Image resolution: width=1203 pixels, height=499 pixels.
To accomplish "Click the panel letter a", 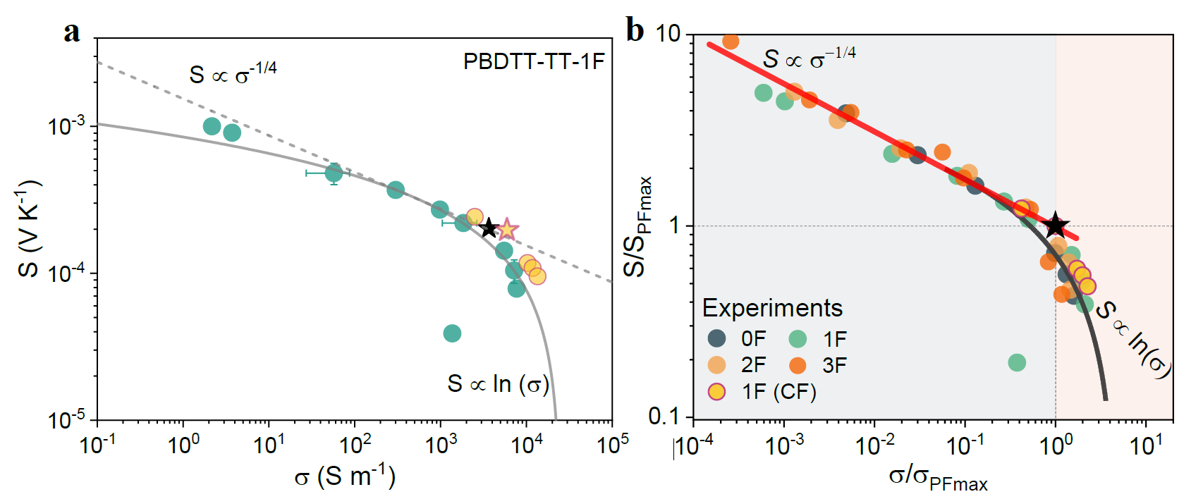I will (x=71, y=32).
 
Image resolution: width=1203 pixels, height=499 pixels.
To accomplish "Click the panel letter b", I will (x=635, y=31).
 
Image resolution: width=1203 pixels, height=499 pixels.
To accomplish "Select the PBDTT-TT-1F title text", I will (x=534, y=62).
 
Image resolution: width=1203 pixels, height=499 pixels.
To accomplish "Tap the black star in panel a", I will (x=489, y=228).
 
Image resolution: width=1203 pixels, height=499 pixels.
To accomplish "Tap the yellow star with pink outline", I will (x=506, y=229).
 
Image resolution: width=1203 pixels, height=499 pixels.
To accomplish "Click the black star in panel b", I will (x=1056, y=226).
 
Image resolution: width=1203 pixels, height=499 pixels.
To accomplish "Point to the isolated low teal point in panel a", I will (x=452, y=333).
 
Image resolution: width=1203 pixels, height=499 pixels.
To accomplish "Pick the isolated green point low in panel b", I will (x=1017, y=363).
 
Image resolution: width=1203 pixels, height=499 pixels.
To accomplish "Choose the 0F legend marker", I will (x=717, y=338).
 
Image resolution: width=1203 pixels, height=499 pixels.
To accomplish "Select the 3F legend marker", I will (x=798, y=365).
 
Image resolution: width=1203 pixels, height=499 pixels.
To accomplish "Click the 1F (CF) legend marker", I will (x=717, y=392).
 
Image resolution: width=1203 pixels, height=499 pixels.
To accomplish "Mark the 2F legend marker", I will (x=717, y=365).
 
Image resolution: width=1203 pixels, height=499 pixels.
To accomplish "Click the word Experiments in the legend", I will (x=772, y=309).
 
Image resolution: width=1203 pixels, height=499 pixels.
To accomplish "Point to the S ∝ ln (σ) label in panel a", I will (x=498, y=384).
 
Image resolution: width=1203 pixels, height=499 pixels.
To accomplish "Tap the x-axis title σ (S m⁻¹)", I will (x=345, y=477).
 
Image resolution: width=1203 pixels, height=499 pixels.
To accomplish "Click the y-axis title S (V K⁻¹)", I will (x=29, y=229).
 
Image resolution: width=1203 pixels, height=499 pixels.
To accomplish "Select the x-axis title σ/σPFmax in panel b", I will (x=938, y=479).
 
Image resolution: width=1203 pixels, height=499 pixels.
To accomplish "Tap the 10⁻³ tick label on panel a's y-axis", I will (x=66, y=127).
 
